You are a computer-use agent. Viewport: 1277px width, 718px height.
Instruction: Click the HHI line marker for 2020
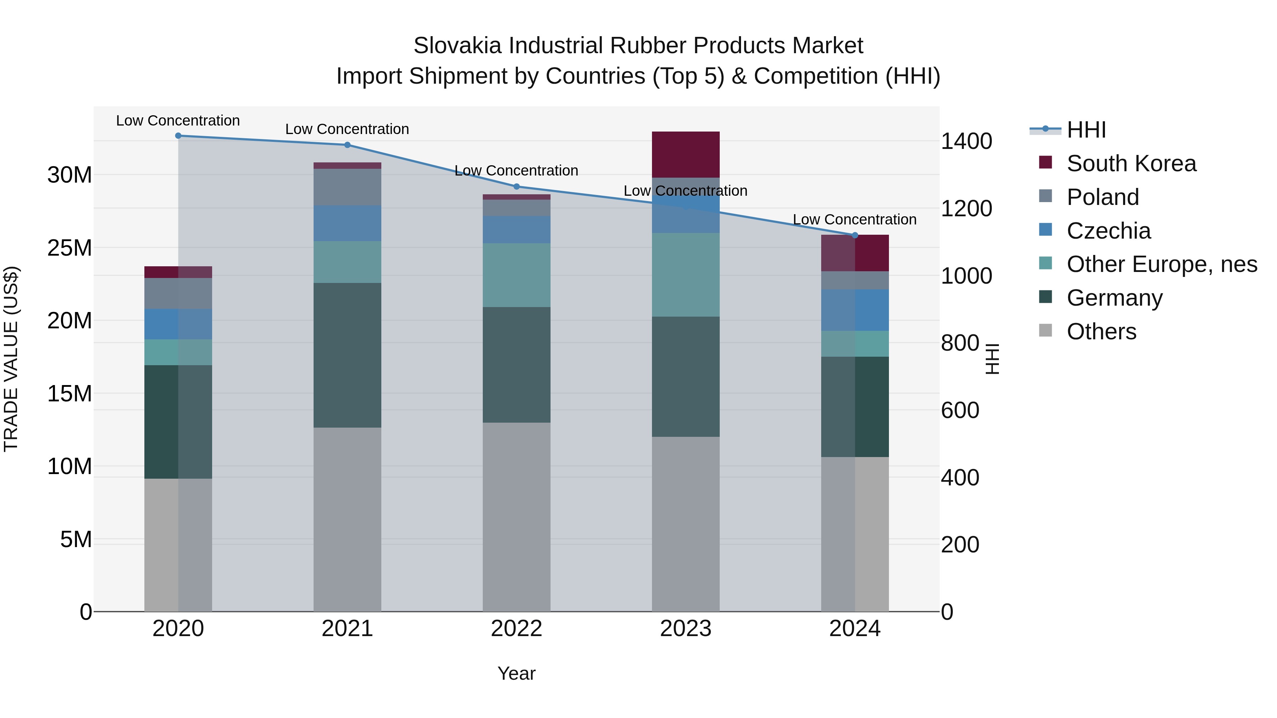click(178, 136)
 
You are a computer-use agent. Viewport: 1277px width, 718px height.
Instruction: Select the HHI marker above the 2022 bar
click(516, 187)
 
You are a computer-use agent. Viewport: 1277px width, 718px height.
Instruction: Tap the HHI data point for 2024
click(855, 235)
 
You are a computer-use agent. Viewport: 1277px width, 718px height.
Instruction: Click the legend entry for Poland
click(1102, 197)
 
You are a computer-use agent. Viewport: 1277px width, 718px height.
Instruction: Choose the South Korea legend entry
click(1131, 163)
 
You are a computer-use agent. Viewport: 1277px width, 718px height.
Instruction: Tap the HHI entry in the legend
click(1086, 130)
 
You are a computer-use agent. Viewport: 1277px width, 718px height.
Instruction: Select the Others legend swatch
click(1045, 330)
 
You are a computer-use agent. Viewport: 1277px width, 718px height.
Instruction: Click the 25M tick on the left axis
click(70, 248)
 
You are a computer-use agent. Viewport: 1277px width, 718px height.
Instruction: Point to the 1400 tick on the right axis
click(966, 141)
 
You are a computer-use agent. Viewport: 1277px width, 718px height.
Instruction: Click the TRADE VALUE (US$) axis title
click(11, 359)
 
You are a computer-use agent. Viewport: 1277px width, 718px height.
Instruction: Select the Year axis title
click(516, 673)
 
